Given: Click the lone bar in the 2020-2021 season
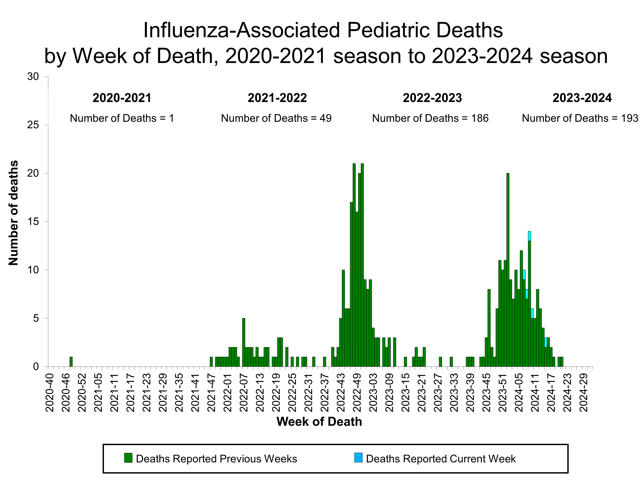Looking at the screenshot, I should click(71, 362).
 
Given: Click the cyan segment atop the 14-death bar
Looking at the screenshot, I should click(529, 236).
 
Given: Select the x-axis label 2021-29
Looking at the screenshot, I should click(163, 393).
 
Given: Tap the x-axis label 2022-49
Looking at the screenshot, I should click(357, 393).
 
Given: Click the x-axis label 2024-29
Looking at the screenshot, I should click(584, 393).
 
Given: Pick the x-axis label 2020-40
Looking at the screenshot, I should click(50, 393).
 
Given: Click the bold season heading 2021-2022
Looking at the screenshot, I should click(277, 98).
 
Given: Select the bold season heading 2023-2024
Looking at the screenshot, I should click(582, 98).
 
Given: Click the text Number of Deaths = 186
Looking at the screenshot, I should click(430, 118).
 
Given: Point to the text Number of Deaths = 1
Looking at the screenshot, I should click(122, 118).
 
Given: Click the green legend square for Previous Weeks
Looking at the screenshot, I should click(128, 458).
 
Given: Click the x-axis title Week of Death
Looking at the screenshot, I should click(319, 422).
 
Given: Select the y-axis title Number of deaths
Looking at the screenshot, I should click(13, 213).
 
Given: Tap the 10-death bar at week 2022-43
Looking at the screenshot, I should click(343, 318).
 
